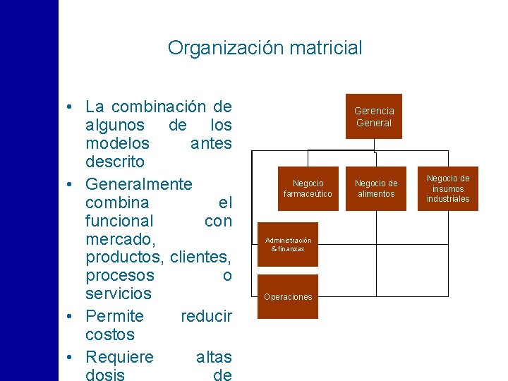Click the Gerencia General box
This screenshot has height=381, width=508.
pyautogui.click(x=373, y=116)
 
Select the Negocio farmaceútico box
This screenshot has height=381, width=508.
pyautogui.click(x=308, y=188)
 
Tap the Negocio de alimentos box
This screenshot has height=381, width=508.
pyautogui.click(x=375, y=188)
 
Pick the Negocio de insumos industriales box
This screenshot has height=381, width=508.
pyautogui.click(x=447, y=188)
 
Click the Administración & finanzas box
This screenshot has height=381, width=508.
pyautogui.click(x=287, y=244)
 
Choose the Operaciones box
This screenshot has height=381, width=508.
pyautogui.click(x=287, y=296)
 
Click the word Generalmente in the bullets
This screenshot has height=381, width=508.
pyautogui.click(x=138, y=184)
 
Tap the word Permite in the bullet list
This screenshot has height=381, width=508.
pyautogui.click(x=114, y=315)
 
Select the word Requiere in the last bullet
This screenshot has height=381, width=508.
pyautogui.click(x=119, y=356)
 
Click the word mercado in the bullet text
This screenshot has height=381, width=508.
pyautogui.click(x=114, y=240)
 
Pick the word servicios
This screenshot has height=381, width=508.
pyautogui.click(x=119, y=293)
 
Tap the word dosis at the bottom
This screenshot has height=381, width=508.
pyautogui.click(x=105, y=375)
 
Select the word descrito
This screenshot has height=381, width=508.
pyautogui.click(x=115, y=162)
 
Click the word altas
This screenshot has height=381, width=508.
pyautogui.click(x=214, y=356)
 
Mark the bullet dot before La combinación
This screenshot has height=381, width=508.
pyautogui.click(x=66, y=108)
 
